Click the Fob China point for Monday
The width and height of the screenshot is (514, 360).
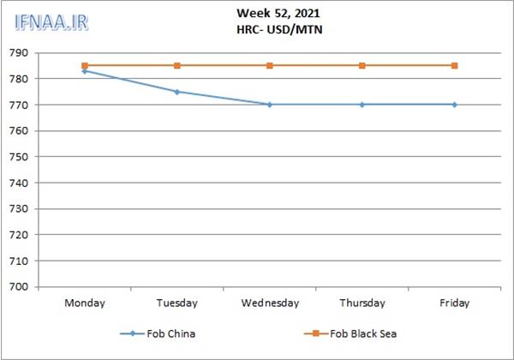[85, 71]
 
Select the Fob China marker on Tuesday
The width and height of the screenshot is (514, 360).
[177, 92]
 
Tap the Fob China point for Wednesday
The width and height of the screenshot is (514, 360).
[270, 105]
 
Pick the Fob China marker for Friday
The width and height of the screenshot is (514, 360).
[454, 105]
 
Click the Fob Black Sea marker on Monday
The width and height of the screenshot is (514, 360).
[85, 65]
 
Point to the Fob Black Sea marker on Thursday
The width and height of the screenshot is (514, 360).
[362, 65]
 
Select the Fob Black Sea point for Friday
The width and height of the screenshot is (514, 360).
[454, 65]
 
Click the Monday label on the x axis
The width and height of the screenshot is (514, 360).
[85, 303]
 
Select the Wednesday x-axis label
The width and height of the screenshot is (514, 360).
[270, 303]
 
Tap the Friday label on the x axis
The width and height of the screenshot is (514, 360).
[454, 303]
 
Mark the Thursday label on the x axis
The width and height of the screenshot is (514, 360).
[362, 303]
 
